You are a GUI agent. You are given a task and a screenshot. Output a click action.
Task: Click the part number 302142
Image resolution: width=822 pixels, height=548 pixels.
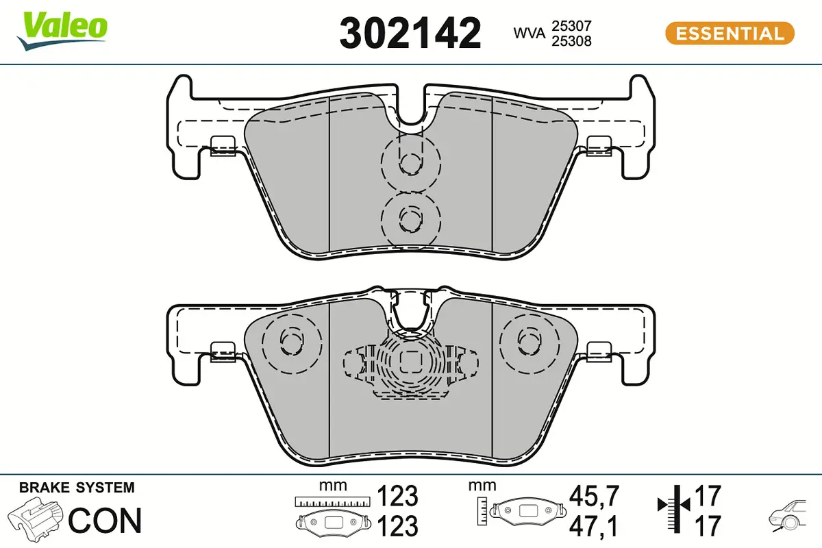410,33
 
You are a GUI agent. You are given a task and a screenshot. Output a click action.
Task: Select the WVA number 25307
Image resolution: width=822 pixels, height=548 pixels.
571,26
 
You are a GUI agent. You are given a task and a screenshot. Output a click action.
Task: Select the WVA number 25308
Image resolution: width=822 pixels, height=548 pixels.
571,41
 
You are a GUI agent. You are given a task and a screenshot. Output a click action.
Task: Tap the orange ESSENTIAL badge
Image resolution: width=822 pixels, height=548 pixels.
730,33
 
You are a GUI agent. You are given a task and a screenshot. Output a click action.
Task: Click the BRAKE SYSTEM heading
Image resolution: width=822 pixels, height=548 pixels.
77,488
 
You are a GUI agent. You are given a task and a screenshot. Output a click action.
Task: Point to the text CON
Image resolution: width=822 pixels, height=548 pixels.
105,521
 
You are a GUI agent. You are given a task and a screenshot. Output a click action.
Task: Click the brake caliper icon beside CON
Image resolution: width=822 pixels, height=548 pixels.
37,519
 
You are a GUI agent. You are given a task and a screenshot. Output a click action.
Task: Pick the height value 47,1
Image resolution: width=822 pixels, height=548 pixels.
595,526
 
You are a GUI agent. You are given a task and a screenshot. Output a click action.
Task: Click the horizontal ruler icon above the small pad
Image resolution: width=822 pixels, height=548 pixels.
332,501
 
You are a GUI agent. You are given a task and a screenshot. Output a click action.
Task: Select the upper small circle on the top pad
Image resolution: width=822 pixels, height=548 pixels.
410,162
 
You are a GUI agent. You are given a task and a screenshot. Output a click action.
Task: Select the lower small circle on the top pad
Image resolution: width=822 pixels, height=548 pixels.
410,219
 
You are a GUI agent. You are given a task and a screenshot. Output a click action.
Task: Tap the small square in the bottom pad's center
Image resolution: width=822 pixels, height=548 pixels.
410,358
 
